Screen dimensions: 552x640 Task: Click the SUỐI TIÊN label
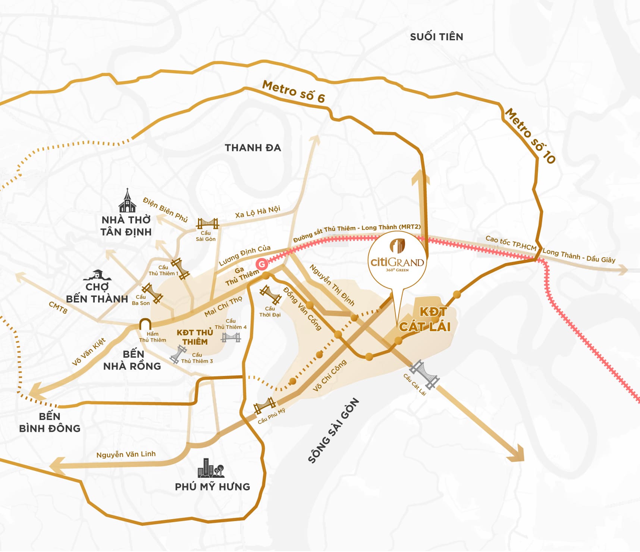pos(436,37)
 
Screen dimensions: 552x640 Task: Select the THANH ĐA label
pos(252,148)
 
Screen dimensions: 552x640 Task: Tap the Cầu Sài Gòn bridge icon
pos(207,223)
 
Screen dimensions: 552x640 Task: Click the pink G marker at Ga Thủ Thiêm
pos(262,264)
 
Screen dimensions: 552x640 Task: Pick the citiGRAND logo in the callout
pos(397,257)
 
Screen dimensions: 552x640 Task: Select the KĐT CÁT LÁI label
pos(425,319)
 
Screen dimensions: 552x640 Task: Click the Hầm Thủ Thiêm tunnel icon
pos(145,324)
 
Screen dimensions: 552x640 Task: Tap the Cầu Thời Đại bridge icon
pos(270,295)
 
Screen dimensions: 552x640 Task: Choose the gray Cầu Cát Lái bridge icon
pos(424,375)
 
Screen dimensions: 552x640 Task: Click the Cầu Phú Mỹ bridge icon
pos(265,405)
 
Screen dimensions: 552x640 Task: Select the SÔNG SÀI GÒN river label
pos(333,431)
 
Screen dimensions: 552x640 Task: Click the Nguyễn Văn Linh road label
pos(126,454)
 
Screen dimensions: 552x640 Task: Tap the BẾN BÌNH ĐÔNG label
pos(50,422)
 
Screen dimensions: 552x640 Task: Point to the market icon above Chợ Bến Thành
pos(97,275)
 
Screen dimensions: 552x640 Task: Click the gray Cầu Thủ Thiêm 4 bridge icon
pos(231,337)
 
